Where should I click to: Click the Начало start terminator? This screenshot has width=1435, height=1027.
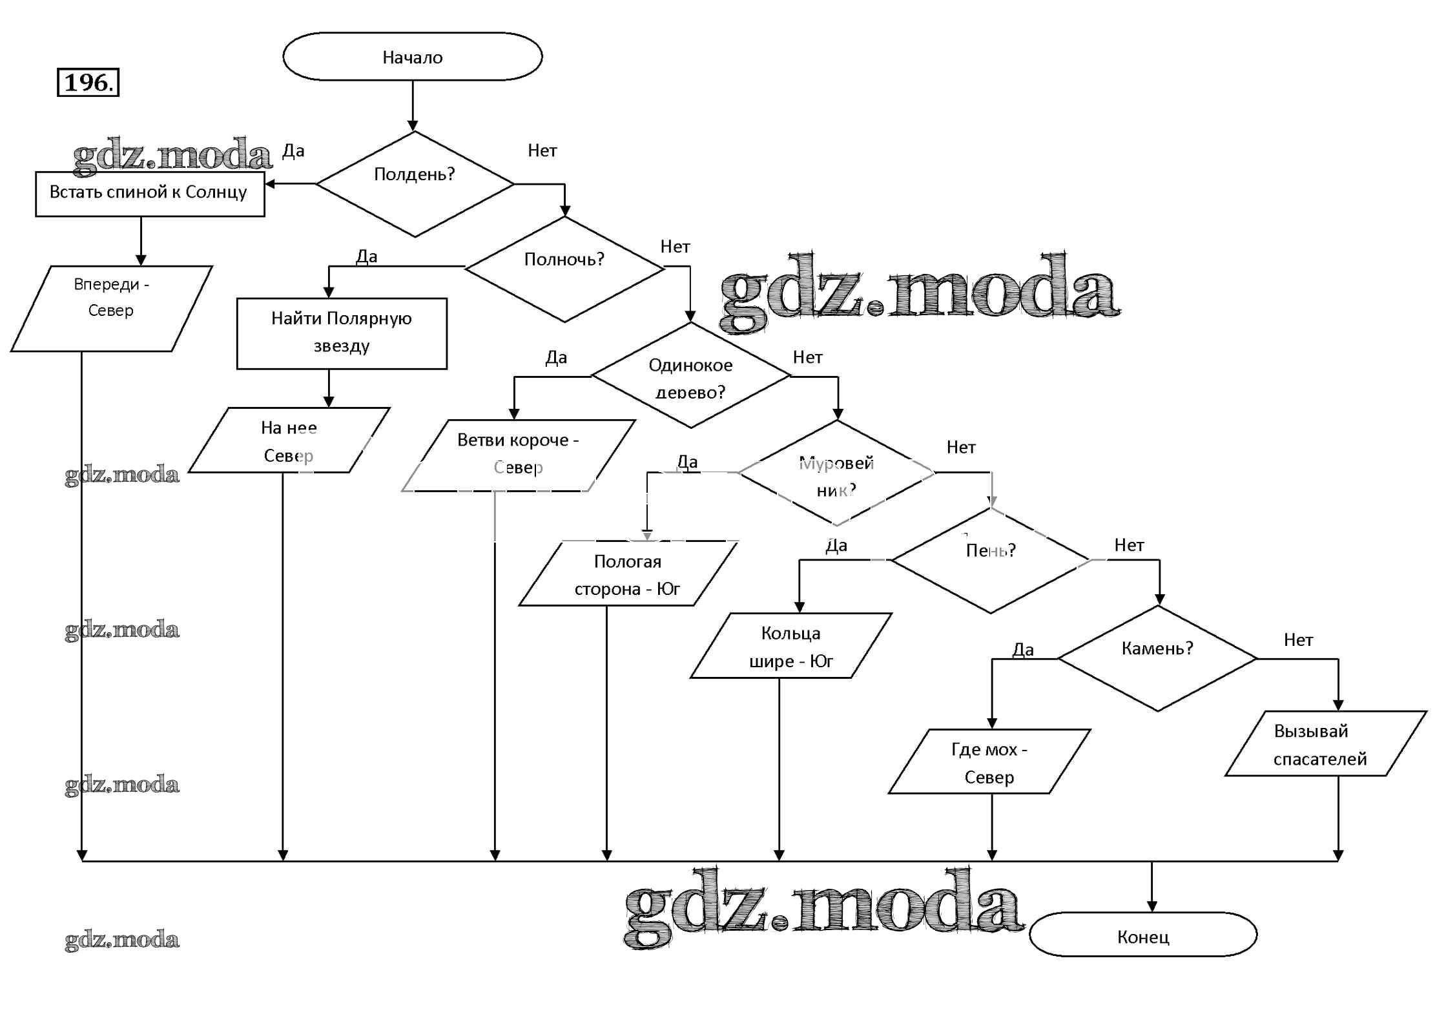pyautogui.click(x=412, y=57)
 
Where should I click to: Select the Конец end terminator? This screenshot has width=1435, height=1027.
pyautogui.click(x=1142, y=936)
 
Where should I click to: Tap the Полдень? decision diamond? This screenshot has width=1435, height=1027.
pyautogui.click(x=415, y=184)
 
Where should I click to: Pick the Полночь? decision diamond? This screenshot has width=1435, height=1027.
pyautogui.click(x=564, y=268)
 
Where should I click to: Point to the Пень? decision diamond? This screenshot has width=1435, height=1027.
pyautogui.click(x=991, y=560)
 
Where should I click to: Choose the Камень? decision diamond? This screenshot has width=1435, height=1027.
pyautogui.click(x=1157, y=658)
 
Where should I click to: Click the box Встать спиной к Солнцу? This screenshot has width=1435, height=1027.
pyautogui.click(x=149, y=193)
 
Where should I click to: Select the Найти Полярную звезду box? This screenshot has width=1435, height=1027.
pyautogui.click(x=342, y=333)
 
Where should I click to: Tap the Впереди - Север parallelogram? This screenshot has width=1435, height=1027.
pyautogui.click(x=111, y=309)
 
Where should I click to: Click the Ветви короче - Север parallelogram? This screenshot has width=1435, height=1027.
pyautogui.click(x=518, y=455)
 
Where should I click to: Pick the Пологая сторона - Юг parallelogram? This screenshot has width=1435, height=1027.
pyautogui.click(x=628, y=574)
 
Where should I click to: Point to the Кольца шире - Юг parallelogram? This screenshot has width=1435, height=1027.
pyautogui.click(x=790, y=646)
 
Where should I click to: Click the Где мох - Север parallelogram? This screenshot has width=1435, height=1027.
pyautogui.click(x=989, y=762)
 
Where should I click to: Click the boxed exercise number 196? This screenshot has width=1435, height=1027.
pyautogui.click(x=88, y=82)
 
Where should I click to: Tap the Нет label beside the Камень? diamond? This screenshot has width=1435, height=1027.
pyautogui.click(x=1298, y=640)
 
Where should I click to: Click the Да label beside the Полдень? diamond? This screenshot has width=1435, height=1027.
pyautogui.click(x=293, y=151)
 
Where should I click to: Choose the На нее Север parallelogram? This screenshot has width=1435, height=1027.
pyautogui.click(x=289, y=441)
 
